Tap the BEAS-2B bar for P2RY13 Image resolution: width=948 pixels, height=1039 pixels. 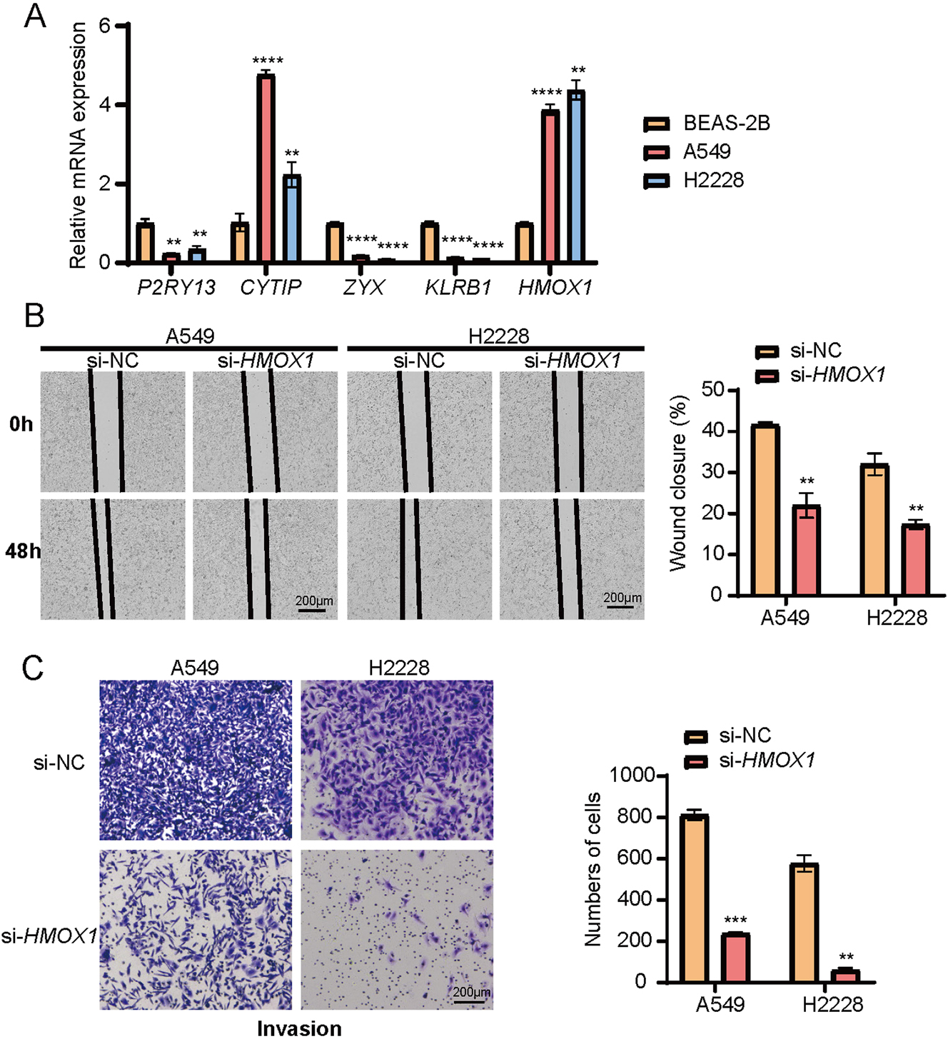(x=146, y=244)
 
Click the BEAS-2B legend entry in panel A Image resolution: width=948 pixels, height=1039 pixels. (x=726, y=124)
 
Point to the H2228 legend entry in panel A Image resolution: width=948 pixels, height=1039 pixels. (x=713, y=181)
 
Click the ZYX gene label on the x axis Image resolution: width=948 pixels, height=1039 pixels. (x=364, y=287)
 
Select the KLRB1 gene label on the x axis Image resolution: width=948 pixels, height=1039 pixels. (x=458, y=287)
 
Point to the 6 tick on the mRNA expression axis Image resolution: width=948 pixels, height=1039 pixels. (x=106, y=26)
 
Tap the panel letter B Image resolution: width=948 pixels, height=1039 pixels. (x=34, y=316)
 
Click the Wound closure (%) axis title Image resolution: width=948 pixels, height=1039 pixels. (x=679, y=483)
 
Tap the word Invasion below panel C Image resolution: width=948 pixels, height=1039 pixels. (x=299, y=1028)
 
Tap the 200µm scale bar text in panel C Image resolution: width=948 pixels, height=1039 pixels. (x=472, y=993)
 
